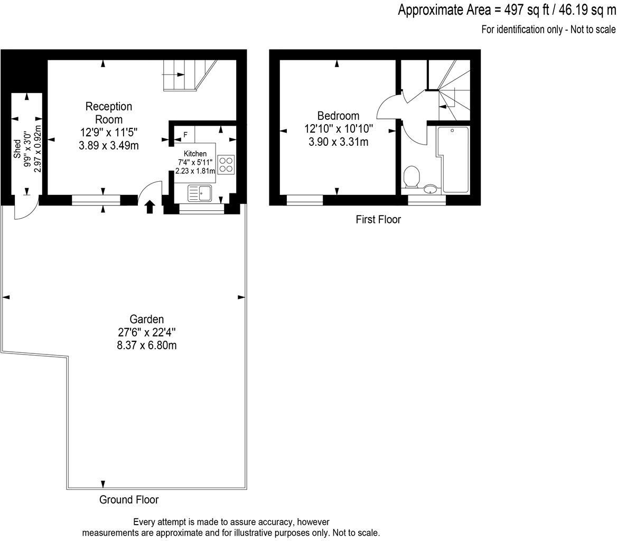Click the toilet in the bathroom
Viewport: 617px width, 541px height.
[411, 176]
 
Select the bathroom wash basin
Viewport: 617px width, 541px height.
[431, 189]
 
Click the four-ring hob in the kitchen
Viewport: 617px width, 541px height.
[227, 165]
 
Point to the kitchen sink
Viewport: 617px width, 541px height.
[200, 193]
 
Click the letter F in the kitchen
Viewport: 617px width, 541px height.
[185, 134]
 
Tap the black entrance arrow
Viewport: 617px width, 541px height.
[149, 207]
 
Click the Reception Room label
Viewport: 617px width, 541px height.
[109, 113]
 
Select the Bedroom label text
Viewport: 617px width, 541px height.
[338, 116]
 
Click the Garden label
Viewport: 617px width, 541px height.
[147, 319]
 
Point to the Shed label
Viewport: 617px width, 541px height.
[17, 148]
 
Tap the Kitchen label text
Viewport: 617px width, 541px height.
[195, 154]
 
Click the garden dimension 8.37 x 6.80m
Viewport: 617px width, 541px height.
[147, 346]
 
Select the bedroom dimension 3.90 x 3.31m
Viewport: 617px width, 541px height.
[338, 142]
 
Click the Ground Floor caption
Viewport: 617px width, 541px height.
[129, 500]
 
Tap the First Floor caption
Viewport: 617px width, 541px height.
[378, 219]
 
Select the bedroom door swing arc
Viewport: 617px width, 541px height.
[388, 106]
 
